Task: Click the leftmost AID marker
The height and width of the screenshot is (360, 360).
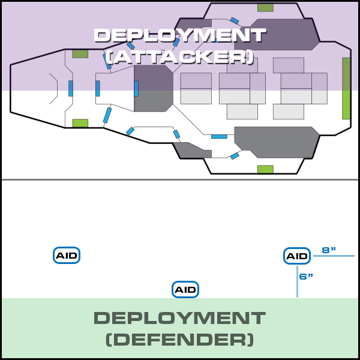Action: pos(67,256)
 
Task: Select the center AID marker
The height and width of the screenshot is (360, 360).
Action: pos(185,290)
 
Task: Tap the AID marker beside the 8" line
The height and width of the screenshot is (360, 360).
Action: pos(296,256)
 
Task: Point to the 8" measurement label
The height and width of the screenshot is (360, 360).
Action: pos(329,250)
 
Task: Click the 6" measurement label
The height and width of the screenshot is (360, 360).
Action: pos(306,277)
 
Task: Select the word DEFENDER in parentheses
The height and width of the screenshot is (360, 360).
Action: pos(179,340)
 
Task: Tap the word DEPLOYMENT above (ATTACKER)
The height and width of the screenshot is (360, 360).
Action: pos(179,35)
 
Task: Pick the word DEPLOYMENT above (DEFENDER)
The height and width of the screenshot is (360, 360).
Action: pos(179,318)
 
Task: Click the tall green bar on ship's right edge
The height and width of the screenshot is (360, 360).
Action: pos(346,88)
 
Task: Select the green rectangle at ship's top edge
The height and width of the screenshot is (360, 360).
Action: pos(265,8)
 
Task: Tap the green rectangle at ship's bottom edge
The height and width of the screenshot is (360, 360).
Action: pos(265,169)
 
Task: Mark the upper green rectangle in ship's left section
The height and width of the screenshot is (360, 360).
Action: pos(80,54)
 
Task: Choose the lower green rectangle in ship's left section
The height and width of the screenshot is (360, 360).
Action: pos(80,123)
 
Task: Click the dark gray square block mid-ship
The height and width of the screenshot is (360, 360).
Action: pos(152,89)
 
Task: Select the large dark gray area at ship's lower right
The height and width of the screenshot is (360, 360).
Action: pos(276,142)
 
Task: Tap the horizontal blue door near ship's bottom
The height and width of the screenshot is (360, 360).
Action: pos(219,137)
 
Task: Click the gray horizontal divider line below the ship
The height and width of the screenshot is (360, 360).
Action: pos(179,179)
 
